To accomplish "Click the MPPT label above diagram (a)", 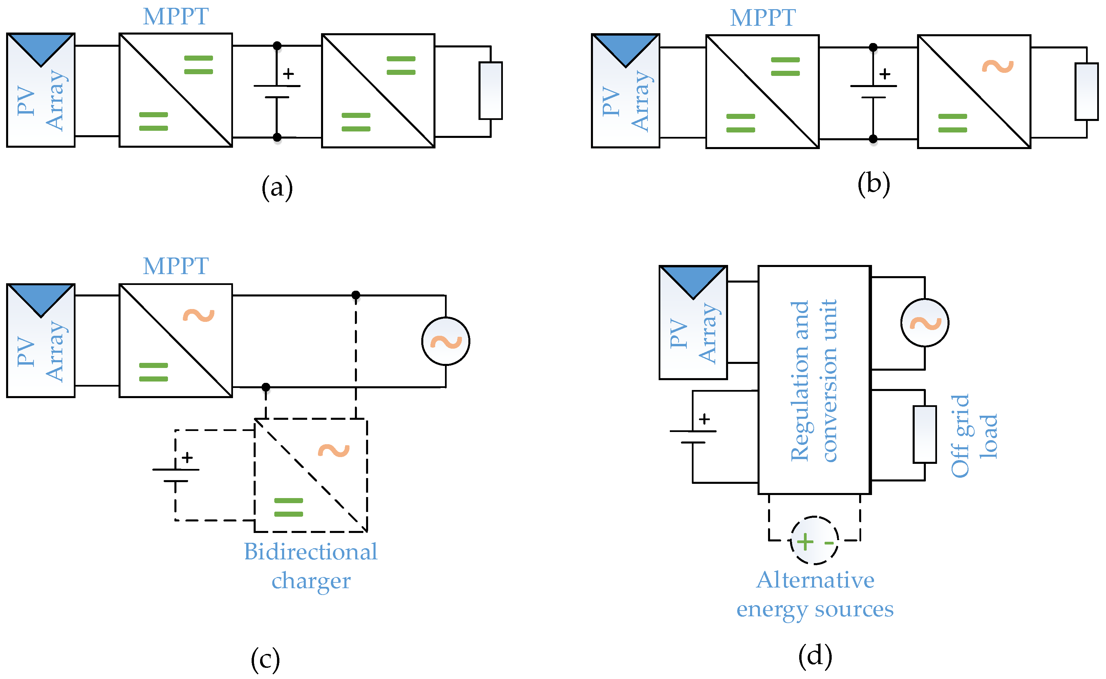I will [x=175, y=17].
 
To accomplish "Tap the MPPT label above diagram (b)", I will [x=762, y=18].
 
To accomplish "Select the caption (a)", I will [x=277, y=187].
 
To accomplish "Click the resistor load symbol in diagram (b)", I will [x=1086, y=91].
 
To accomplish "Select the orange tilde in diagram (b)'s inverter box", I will [x=997, y=66].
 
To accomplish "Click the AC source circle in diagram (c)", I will [x=445, y=341].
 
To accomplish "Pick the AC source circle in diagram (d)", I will [x=925, y=323].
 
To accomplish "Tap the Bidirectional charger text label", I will [x=311, y=566].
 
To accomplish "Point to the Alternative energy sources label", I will [x=815, y=594].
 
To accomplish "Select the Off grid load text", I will [x=974, y=436].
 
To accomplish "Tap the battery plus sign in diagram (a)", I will [x=288, y=74].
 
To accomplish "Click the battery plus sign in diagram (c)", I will [x=187, y=458].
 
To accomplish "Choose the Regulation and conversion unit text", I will [x=813, y=381].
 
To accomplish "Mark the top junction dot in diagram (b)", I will [x=873, y=47].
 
